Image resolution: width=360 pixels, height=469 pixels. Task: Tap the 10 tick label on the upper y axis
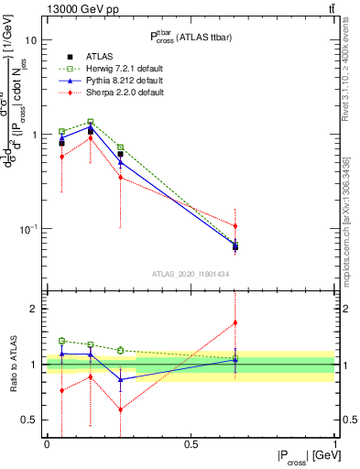click(30, 41)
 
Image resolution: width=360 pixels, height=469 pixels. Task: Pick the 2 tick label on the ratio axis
click(34, 310)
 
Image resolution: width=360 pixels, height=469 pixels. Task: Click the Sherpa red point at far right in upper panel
click(235, 225)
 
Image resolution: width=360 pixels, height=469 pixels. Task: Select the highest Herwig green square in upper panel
click(91, 121)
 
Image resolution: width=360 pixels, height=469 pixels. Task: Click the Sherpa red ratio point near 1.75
click(235, 322)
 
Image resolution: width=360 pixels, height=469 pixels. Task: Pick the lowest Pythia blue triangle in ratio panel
click(120, 379)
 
